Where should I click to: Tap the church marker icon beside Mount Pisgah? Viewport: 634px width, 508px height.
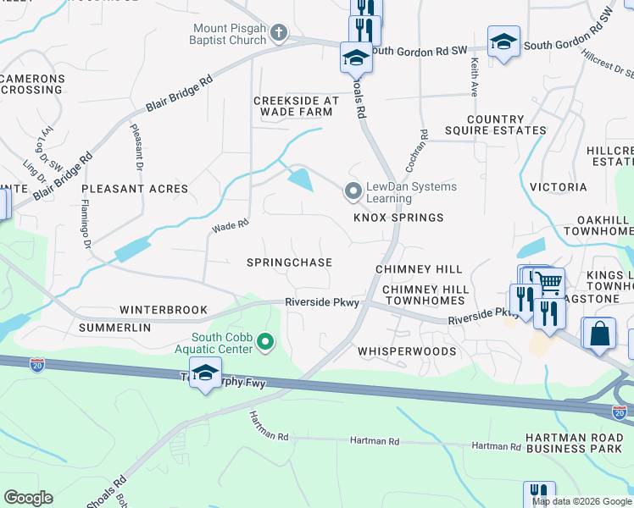pos(279,34)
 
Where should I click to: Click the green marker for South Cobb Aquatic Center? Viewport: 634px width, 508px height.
pos(266,342)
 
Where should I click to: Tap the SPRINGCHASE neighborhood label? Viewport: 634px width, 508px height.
pos(289,263)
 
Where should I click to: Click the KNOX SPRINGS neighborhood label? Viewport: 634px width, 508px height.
pos(398,218)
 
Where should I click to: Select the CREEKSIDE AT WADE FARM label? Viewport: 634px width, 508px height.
pos(297,107)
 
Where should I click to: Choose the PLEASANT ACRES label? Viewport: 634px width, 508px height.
pos(135,189)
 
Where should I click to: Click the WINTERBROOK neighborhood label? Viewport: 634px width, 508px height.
pos(164,310)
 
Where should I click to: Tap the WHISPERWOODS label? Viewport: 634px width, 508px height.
pos(407,351)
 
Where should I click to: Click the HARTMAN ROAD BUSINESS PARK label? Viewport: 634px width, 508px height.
pos(579,443)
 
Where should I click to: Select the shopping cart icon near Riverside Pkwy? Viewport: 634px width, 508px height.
pos(549,281)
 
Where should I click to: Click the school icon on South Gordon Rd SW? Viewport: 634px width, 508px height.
pos(503,41)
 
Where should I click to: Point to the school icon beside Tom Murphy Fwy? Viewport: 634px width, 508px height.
pos(205,373)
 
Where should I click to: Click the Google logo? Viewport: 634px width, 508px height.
pos(28,498)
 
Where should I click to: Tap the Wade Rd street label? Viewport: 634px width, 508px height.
pos(230,226)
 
